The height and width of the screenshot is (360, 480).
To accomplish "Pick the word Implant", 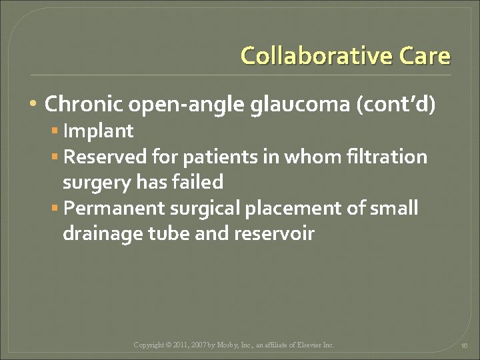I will (98, 131).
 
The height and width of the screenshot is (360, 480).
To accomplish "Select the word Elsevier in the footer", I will (306, 345).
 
